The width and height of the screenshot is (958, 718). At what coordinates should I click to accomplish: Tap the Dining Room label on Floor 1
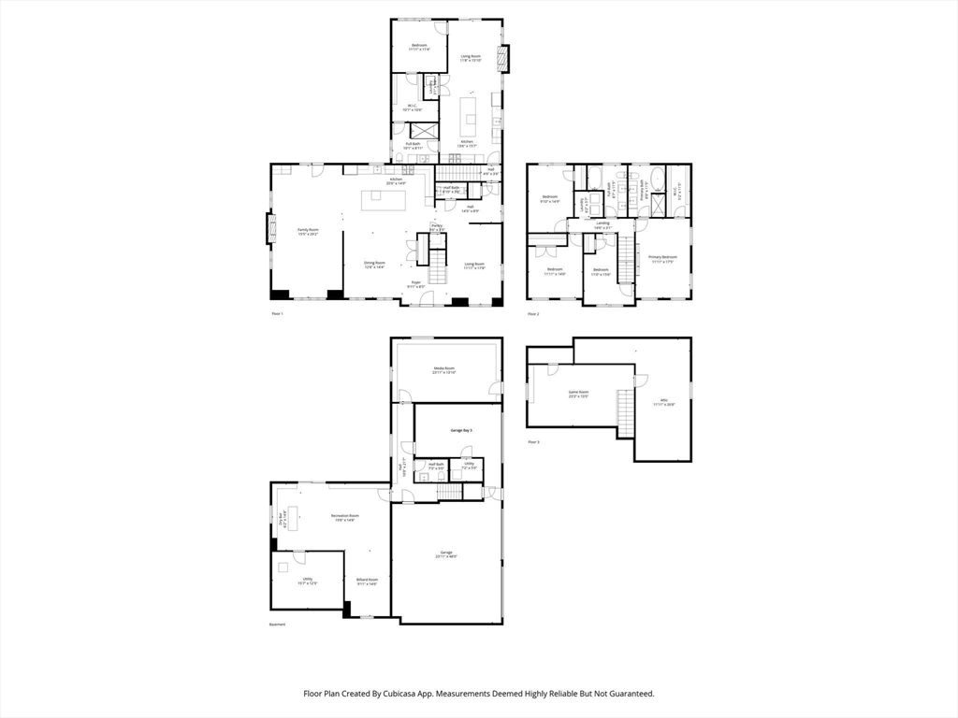(375, 264)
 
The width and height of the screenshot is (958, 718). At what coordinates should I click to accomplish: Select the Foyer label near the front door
(416, 283)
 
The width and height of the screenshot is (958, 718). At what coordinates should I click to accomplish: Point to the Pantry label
(436, 225)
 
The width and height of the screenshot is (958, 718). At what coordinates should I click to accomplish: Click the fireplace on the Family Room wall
(271, 229)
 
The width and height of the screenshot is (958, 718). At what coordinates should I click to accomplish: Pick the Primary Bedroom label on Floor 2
(662, 257)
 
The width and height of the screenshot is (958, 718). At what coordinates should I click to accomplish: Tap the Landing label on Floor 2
(602, 223)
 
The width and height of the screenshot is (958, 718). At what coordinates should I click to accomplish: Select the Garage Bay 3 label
(457, 430)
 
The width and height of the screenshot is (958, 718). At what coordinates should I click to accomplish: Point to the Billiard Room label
(367, 581)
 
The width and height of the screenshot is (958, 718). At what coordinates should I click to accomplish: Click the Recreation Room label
(345, 516)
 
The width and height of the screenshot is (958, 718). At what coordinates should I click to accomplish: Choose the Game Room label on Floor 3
(578, 393)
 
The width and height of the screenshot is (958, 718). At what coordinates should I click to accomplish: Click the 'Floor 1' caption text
(277, 313)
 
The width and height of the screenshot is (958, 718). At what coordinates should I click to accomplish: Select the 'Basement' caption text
(277, 625)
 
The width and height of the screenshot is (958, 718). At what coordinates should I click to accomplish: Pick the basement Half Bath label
(436, 465)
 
